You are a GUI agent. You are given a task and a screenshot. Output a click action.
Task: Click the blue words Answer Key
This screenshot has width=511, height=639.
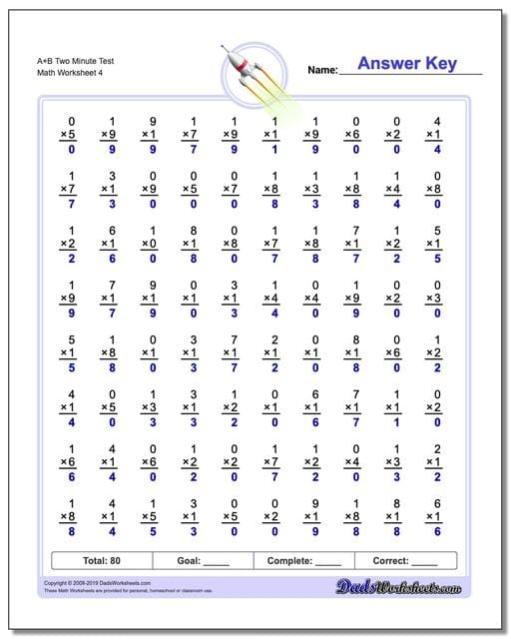(x=407, y=64)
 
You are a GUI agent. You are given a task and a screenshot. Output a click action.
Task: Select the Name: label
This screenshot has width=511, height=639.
(x=322, y=70)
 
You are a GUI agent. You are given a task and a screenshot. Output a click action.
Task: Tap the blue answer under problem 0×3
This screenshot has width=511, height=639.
(x=432, y=314)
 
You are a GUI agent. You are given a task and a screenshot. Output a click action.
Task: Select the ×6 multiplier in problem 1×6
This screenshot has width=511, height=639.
(x=71, y=463)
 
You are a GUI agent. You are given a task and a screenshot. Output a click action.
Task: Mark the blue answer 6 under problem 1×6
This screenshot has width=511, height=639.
(x=71, y=478)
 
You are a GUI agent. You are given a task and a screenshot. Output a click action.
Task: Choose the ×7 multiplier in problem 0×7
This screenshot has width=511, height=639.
(x=230, y=189)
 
